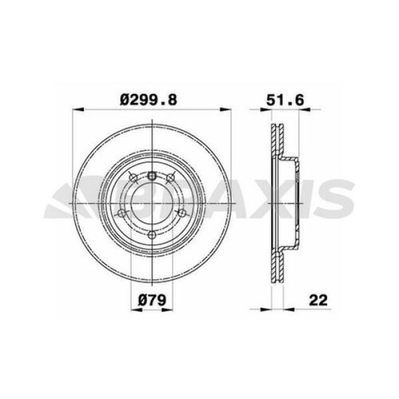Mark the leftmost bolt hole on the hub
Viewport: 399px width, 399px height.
(x=122, y=213)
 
